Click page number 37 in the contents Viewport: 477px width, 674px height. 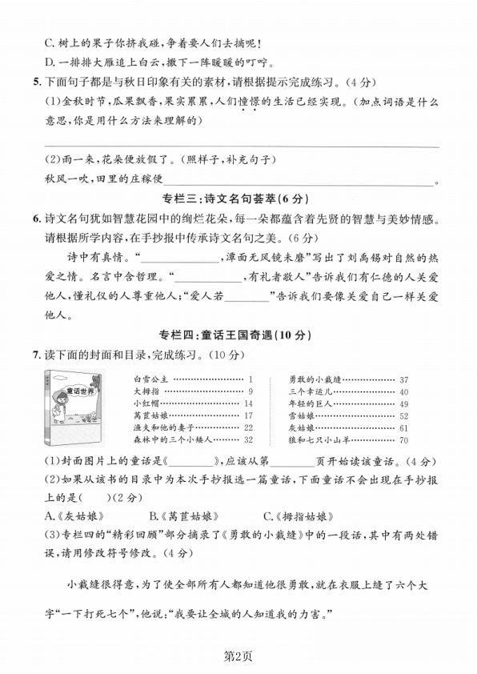(x=403, y=379)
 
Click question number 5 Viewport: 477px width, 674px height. (x=35, y=81)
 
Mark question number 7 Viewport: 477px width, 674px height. (x=35, y=354)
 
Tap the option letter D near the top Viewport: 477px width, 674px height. (x=48, y=61)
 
